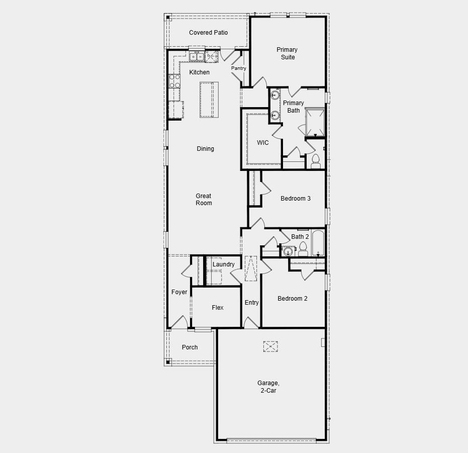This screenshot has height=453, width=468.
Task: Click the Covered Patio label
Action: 208,33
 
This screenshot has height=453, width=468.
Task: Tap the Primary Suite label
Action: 287,53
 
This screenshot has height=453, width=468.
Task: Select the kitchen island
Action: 210,100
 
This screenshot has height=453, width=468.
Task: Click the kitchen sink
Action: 196,57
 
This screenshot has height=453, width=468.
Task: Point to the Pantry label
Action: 239,68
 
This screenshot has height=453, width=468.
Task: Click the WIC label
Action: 263,143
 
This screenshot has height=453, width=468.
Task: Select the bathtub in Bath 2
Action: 319,243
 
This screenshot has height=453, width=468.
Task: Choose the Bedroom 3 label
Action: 296,199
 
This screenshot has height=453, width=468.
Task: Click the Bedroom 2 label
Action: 293,299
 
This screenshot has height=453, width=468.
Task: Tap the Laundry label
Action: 223,264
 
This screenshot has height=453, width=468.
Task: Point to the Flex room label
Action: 218,308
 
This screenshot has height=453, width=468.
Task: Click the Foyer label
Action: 179,292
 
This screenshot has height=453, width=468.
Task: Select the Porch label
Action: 190,347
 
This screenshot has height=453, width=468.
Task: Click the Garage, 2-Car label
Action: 268,387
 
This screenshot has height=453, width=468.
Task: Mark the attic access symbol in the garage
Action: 270,346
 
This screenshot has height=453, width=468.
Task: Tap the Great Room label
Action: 204,200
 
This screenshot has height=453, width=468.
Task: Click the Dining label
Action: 206,149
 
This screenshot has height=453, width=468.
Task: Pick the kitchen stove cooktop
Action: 174,81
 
